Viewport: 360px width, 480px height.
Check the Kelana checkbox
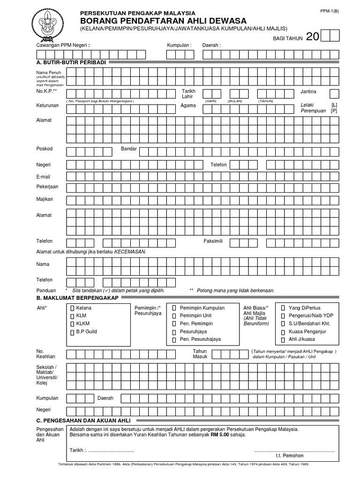coord(72,308)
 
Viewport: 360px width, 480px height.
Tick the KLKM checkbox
coord(72,324)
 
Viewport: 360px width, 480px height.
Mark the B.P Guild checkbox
coord(72,332)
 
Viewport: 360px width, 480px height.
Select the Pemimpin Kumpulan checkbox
coord(174,308)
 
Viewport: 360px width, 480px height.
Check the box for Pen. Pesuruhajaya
coord(174,339)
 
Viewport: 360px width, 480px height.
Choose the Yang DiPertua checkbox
coord(283,308)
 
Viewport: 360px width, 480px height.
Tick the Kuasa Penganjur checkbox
coord(283,332)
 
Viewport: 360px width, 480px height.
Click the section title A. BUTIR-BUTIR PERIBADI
coord(71,62)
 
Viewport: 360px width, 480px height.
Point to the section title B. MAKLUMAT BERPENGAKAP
coord(78,298)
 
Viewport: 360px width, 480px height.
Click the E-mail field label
coord(43,177)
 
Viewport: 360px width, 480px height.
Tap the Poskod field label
coord(45,149)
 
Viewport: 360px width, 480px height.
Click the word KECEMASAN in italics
coord(130,251)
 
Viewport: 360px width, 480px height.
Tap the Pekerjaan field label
coord(47,187)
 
